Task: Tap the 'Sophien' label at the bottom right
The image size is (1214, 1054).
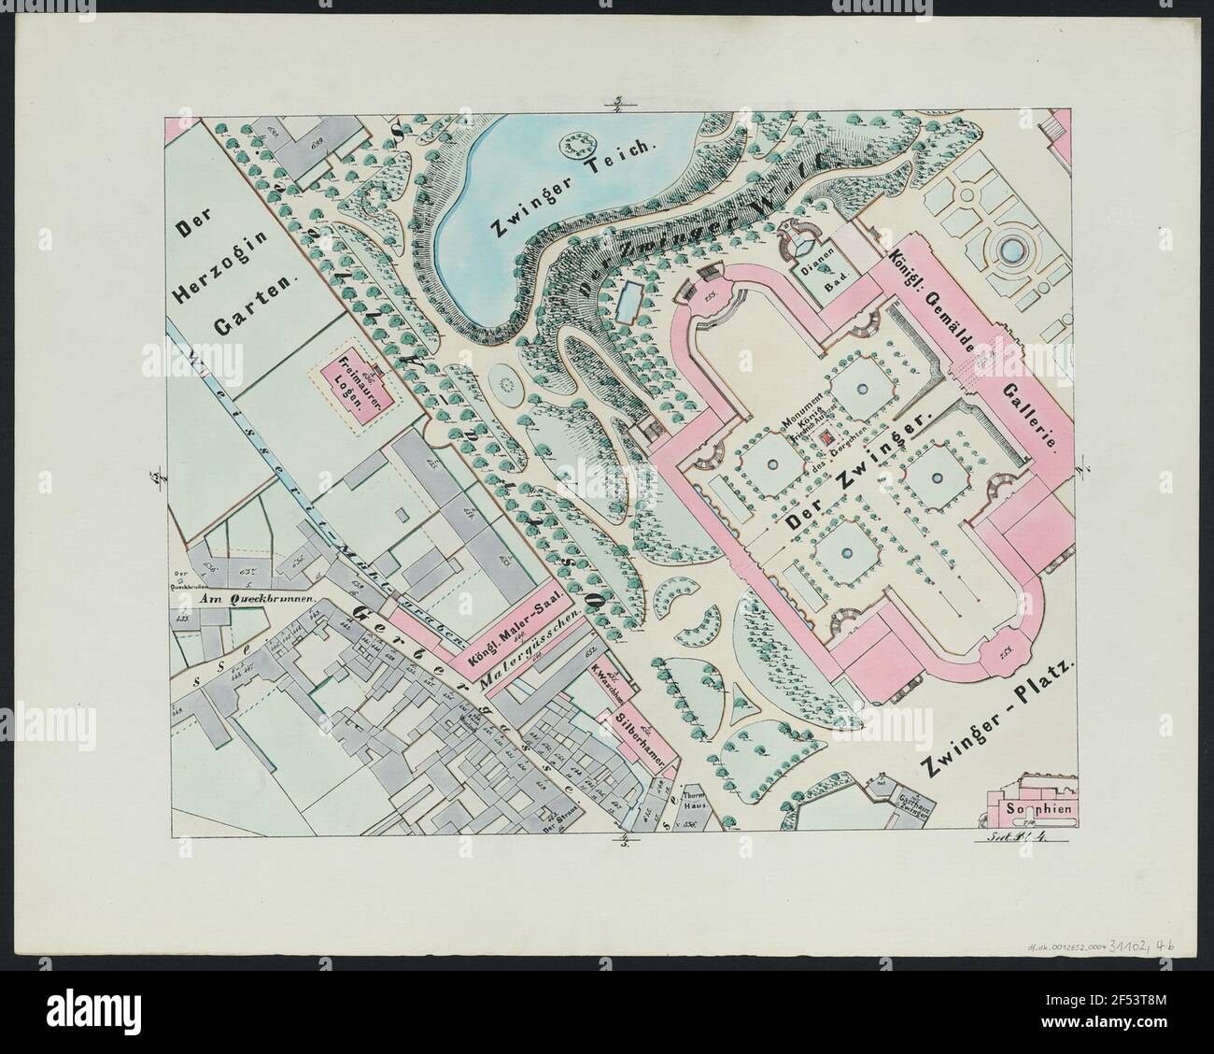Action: [1040, 807]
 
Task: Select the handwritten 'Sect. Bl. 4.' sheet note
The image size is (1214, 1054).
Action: [1024, 836]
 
